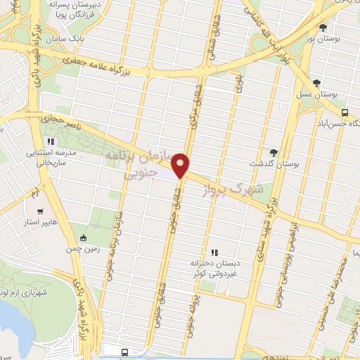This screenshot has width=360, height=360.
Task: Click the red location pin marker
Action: pyautogui.click(x=181, y=165)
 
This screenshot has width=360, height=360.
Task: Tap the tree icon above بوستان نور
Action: pyautogui.click(x=323, y=28)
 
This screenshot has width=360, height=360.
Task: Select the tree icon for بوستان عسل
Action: pyautogui.click(x=316, y=83)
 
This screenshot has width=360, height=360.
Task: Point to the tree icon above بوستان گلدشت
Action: pyautogui.click(x=274, y=153)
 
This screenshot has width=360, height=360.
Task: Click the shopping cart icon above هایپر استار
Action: pyautogui.click(x=40, y=211)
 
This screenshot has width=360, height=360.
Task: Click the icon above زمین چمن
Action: pyautogui.click(x=84, y=237)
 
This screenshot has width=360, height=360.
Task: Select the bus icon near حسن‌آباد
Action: pyautogui.click(x=345, y=112)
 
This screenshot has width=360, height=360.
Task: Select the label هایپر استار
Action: pyautogui.click(x=41, y=223)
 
